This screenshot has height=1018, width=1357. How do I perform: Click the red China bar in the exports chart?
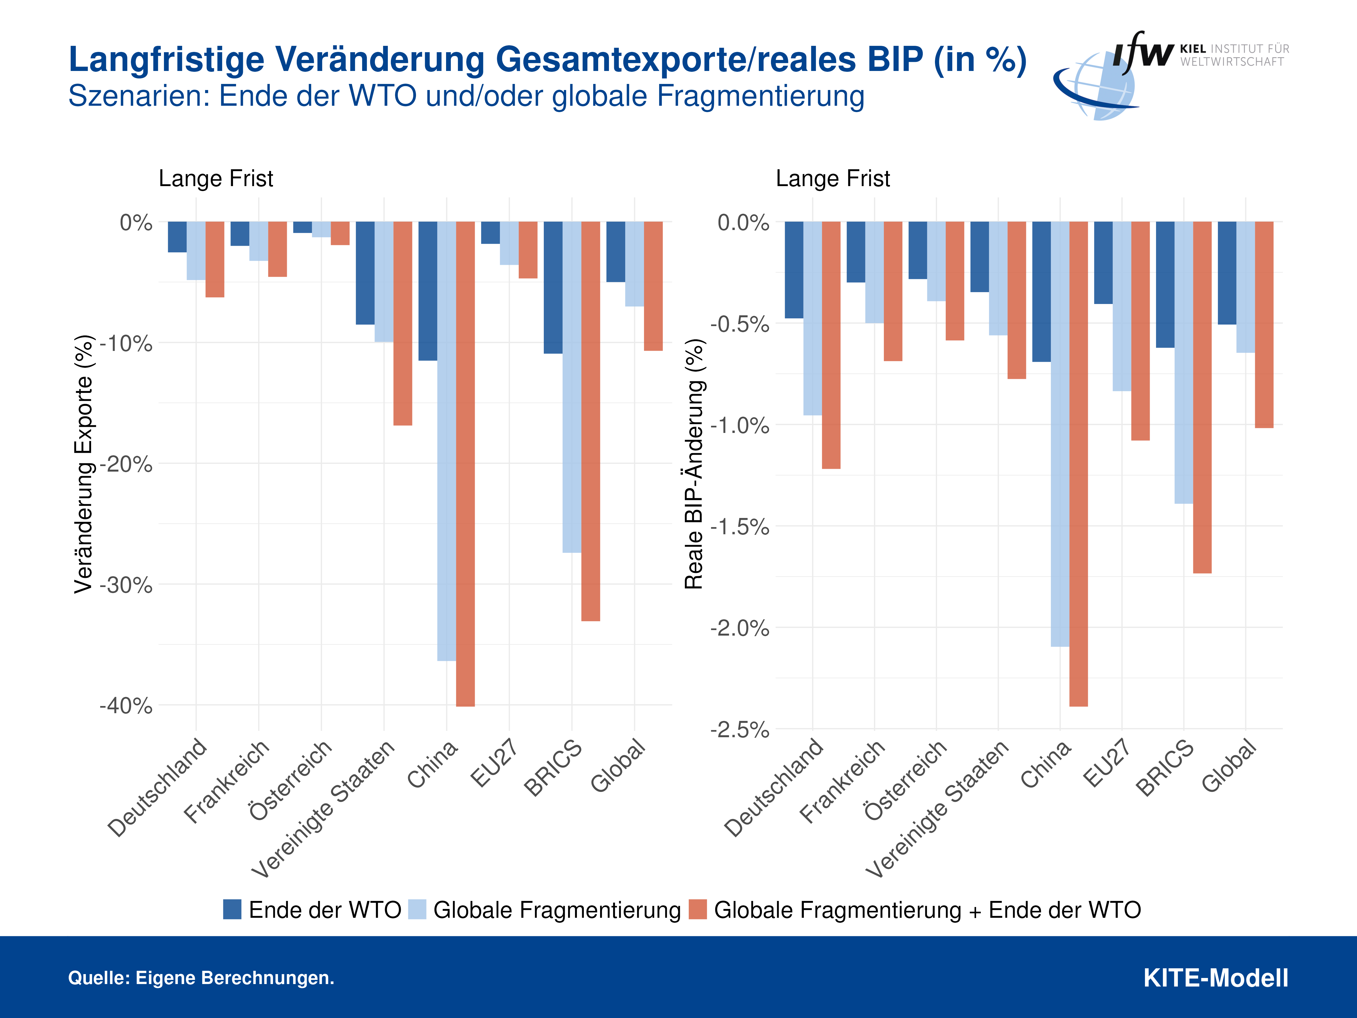click(465, 463)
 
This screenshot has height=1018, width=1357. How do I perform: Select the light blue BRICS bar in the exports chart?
click(572, 387)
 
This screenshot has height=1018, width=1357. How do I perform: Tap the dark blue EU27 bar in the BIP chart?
click(1103, 263)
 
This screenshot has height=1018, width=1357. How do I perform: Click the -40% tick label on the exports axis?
click(126, 706)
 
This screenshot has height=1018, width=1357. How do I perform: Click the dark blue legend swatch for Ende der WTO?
click(232, 909)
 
